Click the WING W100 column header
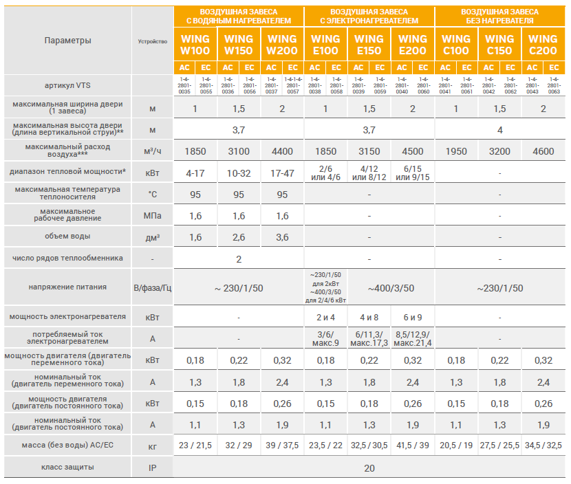pos(195,44)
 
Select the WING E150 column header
pos(369,44)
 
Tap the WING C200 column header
pos(543,44)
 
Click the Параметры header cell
pos(67,41)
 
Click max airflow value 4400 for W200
pos(282,151)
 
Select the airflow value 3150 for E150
pos(369,151)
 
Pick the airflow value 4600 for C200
pos(543,151)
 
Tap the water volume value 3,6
pos(282,237)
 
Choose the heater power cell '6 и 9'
pos(413,317)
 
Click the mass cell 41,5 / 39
pos(413,445)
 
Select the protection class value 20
pos(369,468)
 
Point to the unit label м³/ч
pos(153,151)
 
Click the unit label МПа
pos(153,216)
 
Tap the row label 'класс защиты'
pos(67,467)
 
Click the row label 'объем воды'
pos(67,236)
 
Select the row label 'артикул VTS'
pos(67,85)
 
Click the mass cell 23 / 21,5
pos(195,445)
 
